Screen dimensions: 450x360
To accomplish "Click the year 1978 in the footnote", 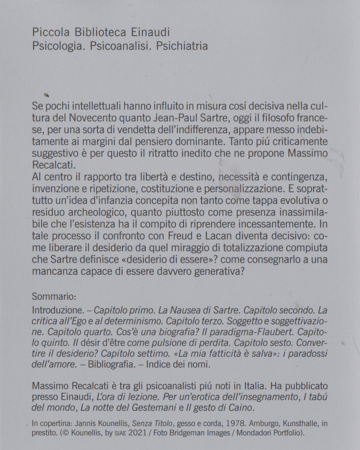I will pyautogui.click(x=222, y=423).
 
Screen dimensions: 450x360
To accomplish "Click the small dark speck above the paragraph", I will pyautogui.click(x=47, y=93).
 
